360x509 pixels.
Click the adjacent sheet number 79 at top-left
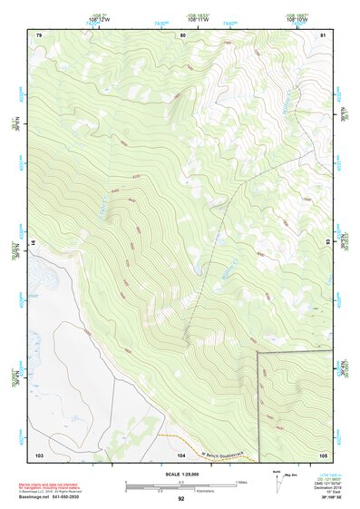coord(39,34)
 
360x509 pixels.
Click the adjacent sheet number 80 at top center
coord(182,34)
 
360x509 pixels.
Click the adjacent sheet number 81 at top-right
coord(324,34)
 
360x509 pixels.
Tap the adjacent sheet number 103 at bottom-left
coord(39,454)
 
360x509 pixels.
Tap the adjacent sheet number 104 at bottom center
coord(181,454)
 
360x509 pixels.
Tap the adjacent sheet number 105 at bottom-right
coord(323,454)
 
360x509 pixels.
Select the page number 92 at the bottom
coord(180,498)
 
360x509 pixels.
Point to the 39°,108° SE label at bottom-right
coord(333,498)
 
